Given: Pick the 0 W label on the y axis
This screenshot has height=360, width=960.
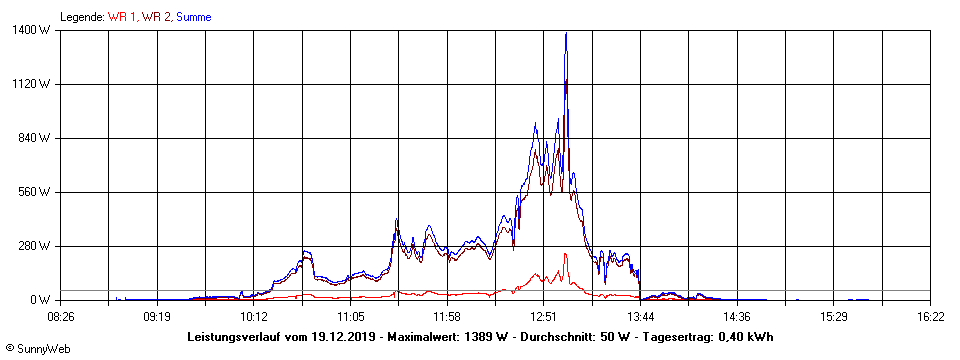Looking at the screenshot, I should [x=43, y=300].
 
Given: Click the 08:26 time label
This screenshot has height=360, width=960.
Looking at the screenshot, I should [x=60, y=316].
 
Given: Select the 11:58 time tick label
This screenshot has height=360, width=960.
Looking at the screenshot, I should [x=447, y=316].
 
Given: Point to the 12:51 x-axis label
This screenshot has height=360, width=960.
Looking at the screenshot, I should [x=543, y=316].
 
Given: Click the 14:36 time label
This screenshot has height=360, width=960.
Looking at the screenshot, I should [x=737, y=316].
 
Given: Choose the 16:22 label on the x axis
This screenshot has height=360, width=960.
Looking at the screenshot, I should [x=930, y=316].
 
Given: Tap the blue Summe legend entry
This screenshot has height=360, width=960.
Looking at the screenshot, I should [x=193, y=16].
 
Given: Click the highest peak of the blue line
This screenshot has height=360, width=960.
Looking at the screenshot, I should [x=566, y=33].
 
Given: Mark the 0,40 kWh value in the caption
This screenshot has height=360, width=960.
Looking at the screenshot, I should [x=747, y=337].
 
